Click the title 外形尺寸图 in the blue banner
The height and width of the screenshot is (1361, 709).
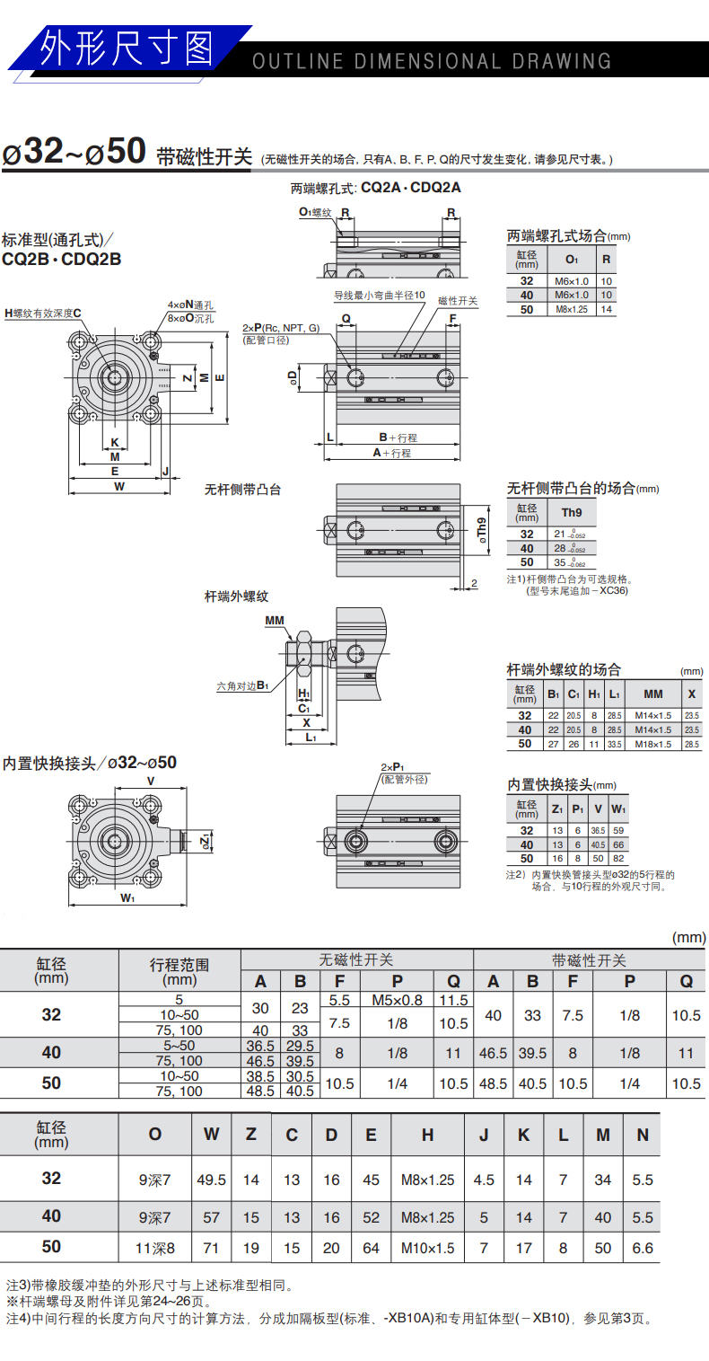(126, 48)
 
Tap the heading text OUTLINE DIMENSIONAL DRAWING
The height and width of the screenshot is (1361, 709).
(432, 62)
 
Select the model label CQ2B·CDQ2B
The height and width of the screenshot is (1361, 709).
(61, 260)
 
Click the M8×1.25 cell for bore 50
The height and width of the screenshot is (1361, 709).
(571, 309)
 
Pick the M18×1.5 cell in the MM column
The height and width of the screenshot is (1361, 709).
(652, 744)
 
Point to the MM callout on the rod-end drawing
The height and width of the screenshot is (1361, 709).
(275, 620)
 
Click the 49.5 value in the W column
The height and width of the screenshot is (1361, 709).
(211, 1180)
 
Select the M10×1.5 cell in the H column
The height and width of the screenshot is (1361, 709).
(427, 1248)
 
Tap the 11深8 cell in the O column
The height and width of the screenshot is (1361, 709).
(155, 1248)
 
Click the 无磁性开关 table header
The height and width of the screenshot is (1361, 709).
(356, 960)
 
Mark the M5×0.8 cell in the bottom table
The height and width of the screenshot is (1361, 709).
(397, 1000)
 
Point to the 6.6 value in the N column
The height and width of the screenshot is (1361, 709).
(643, 1248)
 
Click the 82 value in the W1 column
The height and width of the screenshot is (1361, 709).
(618, 859)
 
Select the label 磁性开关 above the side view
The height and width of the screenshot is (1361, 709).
(458, 301)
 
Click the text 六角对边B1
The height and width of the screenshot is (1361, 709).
(242, 686)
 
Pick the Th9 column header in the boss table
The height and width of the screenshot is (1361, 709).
(571, 513)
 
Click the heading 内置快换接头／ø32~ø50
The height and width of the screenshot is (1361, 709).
(90, 763)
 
